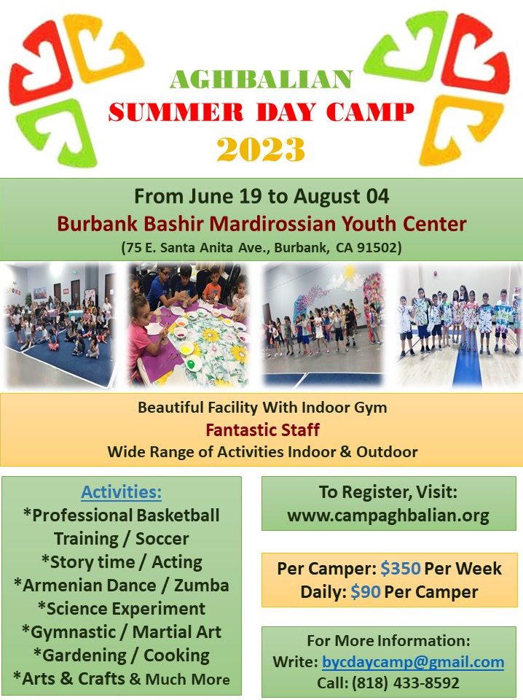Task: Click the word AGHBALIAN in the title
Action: (261, 80)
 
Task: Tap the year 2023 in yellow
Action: (261, 149)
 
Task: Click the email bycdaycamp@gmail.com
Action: (413, 661)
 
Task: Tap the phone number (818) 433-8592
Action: (388, 682)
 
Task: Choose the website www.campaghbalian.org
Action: (388, 516)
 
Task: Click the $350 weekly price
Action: (401, 568)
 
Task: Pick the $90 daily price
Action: (365, 592)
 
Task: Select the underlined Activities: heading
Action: (121, 491)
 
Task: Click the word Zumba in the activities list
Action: (202, 586)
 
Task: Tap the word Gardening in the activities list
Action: (84, 656)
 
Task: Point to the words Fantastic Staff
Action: (263, 430)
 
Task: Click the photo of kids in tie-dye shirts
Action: (459, 324)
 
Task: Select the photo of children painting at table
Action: (189, 324)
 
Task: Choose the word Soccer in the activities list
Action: (162, 539)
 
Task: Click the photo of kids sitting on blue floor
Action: (59, 324)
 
